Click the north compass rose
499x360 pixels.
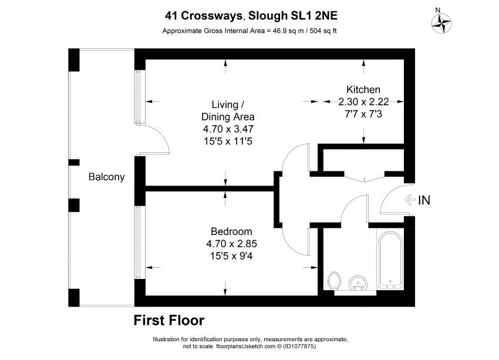point(441,23)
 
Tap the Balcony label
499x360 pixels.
point(106,177)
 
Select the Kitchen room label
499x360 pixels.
point(363,89)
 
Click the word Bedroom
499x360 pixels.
point(231,231)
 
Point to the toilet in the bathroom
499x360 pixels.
point(334,281)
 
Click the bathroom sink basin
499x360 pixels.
point(358,282)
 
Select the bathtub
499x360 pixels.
point(390,260)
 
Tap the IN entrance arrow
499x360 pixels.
point(410,200)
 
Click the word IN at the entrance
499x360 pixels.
point(424,200)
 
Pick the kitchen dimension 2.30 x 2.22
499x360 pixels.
point(363,102)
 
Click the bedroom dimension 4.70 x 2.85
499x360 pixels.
point(231,244)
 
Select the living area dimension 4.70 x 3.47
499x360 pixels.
point(228,129)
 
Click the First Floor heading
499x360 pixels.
point(169,320)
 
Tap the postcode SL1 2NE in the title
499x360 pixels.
point(315,16)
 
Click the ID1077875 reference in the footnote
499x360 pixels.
point(299,346)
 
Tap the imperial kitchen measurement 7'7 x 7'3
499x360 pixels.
point(363,114)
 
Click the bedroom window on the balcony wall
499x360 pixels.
point(137,243)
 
